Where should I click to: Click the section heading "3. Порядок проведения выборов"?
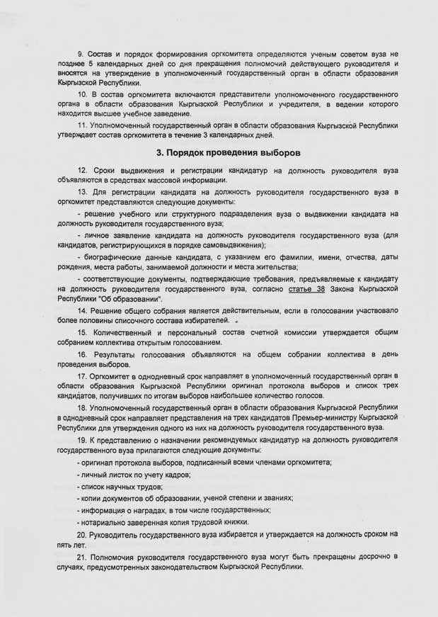click(x=219, y=152)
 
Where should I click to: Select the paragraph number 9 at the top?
click(x=80, y=54)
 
